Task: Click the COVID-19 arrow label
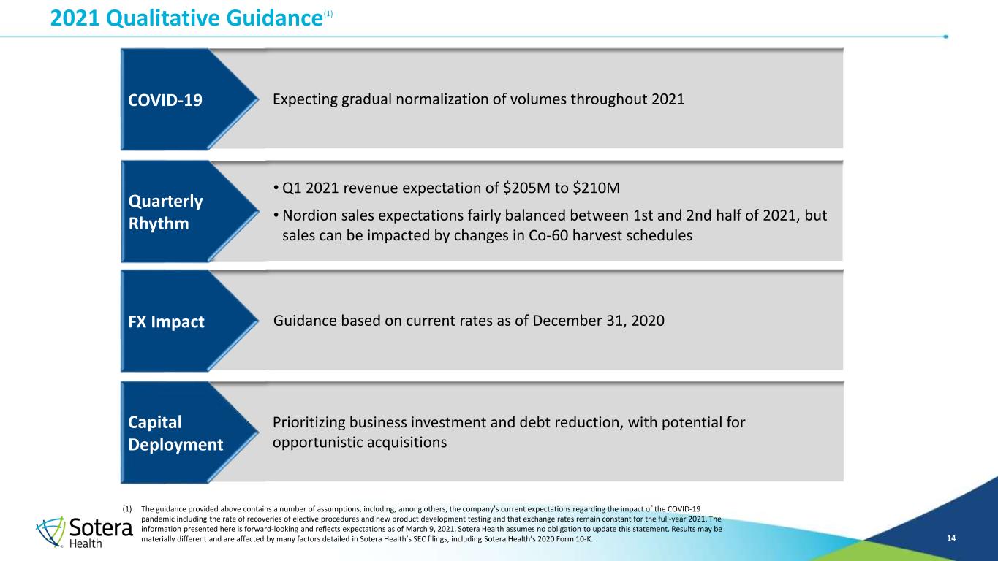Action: (165, 100)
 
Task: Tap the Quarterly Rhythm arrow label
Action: (165, 212)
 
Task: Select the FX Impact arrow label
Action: (166, 321)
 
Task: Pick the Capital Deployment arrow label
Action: (175, 433)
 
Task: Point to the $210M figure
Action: (596, 188)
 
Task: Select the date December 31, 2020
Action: (598, 321)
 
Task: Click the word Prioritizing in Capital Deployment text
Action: (309, 422)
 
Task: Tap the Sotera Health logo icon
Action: (50, 531)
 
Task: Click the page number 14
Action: (951, 538)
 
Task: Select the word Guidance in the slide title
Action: (274, 18)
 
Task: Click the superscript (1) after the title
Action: (328, 14)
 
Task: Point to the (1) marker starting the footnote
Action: (127, 508)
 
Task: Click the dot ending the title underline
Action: (945, 37)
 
